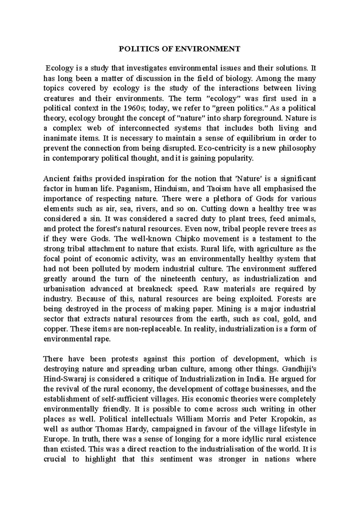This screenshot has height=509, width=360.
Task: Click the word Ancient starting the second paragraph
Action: [x=56, y=179]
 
